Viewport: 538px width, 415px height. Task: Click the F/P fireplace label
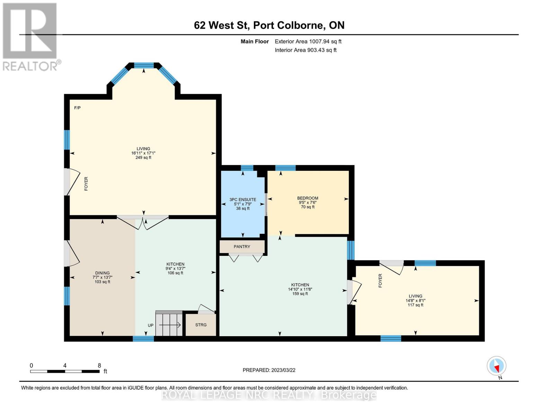pos(77,108)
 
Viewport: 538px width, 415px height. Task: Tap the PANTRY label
pos(242,247)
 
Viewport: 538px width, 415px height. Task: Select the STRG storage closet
pos(201,325)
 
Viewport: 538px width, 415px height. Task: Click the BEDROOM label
pos(308,198)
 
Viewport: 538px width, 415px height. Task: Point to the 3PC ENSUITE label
pos(243,200)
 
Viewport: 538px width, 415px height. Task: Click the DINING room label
pos(102,273)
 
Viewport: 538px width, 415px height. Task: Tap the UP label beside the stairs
pos(151,325)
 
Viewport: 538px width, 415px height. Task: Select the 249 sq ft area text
pos(143,157)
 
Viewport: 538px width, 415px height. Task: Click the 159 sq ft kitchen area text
pos(300,294)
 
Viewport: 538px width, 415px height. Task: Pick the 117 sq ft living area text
pos(415,305)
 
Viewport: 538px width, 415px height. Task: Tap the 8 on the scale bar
pos(99,365)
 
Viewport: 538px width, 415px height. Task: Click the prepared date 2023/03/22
pos(283,370)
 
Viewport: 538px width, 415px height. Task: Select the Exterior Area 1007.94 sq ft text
pos(308,41)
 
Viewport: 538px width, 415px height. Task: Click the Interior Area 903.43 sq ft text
pos(306,50)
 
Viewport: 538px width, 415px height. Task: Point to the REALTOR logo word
pos(30,66)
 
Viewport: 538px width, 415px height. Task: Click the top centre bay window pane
pos(144,65)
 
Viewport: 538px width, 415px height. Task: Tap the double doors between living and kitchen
pos(143,222)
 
